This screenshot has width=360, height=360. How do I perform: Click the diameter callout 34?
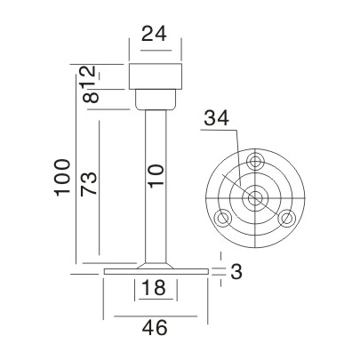[216, 117]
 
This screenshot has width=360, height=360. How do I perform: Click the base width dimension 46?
[156, 330]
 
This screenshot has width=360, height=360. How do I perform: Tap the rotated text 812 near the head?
[88, 84]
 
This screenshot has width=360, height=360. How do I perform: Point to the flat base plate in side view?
[156, 271]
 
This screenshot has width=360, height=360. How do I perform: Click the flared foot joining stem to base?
[156, 264]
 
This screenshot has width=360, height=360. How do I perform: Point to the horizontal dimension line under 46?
[156, 316]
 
